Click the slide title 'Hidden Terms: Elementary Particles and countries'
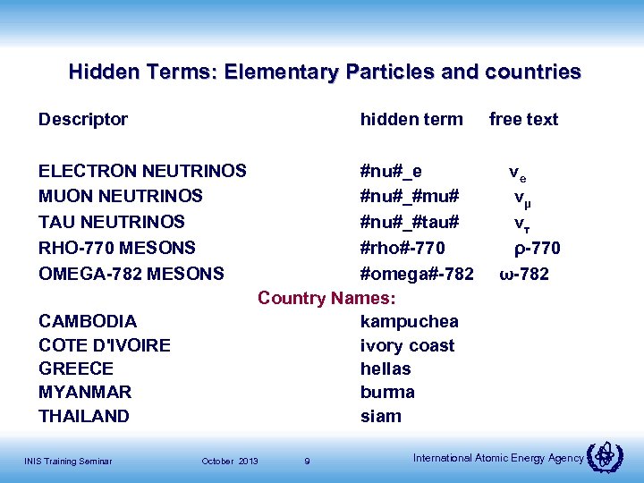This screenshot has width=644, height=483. click(325, 72)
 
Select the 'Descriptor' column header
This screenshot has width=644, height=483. click(83, 119)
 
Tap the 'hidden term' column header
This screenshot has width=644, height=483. click(411, 119)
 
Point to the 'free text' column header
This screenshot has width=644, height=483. click(523, 119)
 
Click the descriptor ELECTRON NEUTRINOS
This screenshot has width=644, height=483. click(142, 171)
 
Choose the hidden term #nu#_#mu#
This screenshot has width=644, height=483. click(410, 196)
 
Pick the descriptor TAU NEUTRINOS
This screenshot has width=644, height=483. click(112, 222)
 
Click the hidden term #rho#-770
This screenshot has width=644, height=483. click(402, 247)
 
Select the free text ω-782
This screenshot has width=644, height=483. click(524, 273)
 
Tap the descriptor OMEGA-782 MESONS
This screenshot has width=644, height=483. click(131, 273)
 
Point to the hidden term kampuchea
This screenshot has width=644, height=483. click(409, 321)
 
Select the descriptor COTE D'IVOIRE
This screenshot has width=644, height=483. click(105, 345)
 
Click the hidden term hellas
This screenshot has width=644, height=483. click(386, 369)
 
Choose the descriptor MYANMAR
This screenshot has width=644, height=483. click(85, 392)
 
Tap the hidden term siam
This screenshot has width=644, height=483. click(381, 416)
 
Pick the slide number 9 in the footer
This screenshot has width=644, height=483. click(307, 462)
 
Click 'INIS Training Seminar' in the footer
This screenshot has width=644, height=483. click(68, 462)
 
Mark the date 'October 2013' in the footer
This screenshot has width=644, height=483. click(230, 462)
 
